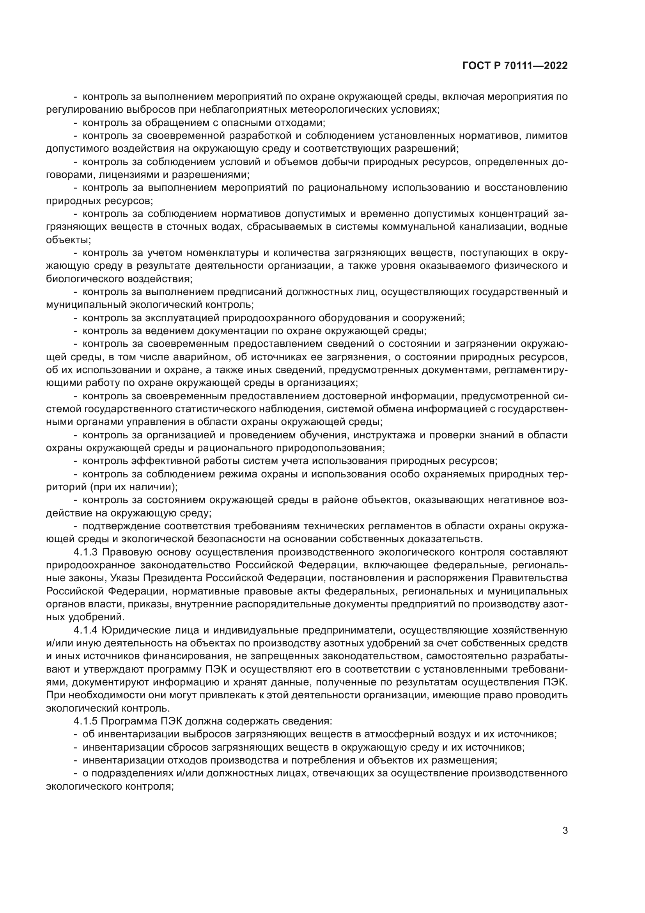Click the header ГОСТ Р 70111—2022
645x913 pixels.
click(515, 66)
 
